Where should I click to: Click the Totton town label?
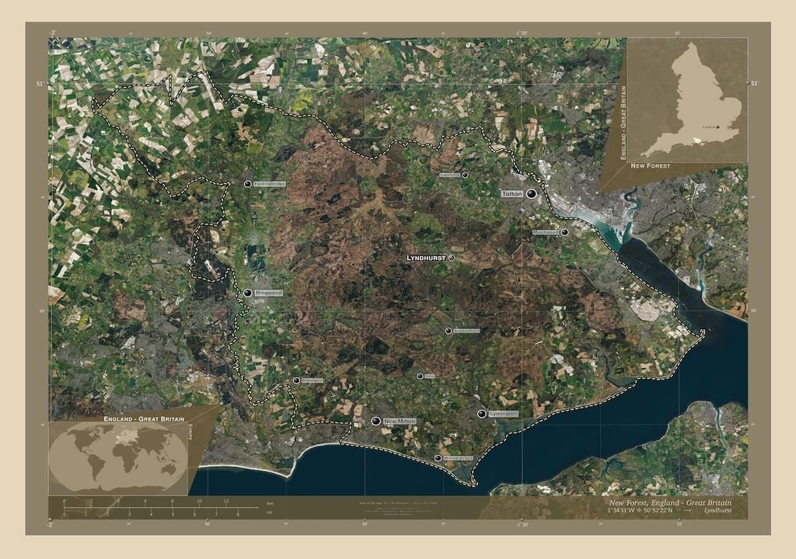511,193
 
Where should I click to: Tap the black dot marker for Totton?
532,193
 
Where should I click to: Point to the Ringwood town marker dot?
247,293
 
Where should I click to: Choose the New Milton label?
400,421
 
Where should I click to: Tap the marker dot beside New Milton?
376,421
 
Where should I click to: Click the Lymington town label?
504,414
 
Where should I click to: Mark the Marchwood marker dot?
564,232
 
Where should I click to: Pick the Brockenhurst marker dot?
449,331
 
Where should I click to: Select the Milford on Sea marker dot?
437,458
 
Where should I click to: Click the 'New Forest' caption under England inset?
650,166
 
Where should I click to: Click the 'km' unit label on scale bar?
270,502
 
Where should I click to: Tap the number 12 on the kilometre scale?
226,502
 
